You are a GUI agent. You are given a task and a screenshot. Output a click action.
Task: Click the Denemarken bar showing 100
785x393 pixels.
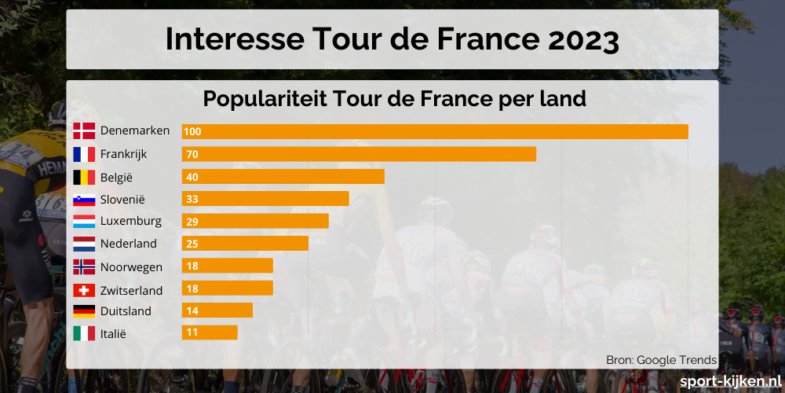click(x=435, y=131)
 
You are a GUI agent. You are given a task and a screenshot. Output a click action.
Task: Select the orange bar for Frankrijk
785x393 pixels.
click(x=359, y=154)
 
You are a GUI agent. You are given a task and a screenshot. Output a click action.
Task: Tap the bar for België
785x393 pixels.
click(x=283, y=176)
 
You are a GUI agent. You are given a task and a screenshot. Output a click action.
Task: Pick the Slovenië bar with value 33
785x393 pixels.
click(x=265, y=199)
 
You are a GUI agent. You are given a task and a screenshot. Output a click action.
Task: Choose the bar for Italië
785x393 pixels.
click(x=210, y=332)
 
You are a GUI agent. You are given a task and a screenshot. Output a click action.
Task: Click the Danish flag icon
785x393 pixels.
click(x=84, y=131)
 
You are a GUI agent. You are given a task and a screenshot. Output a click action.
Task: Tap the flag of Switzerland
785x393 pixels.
click(x=84, y=290)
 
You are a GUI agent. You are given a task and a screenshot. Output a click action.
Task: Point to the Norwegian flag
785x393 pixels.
click(x=84, y=266)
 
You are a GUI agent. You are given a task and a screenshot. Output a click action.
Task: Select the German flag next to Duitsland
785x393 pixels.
click(x=84, y=311)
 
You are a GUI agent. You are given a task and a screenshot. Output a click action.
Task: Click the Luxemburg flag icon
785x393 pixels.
click(x=84, y=221)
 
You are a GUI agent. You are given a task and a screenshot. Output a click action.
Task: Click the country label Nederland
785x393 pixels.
click(x=129, y=244)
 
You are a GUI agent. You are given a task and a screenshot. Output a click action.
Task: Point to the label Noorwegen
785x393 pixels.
click(x=132, y=267)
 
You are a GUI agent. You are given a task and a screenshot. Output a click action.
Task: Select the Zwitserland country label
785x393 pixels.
click(x=132, y=290)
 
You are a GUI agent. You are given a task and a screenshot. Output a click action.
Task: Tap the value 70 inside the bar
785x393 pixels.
click(x=192, y=154)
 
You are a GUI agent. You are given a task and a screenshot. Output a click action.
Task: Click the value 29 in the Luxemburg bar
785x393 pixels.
click(x=192, y=221)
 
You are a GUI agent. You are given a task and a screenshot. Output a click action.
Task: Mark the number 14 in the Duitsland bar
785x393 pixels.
click(x=192, y=310)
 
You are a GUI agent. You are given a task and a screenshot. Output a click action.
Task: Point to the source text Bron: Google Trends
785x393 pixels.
click(x=661, y=360)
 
